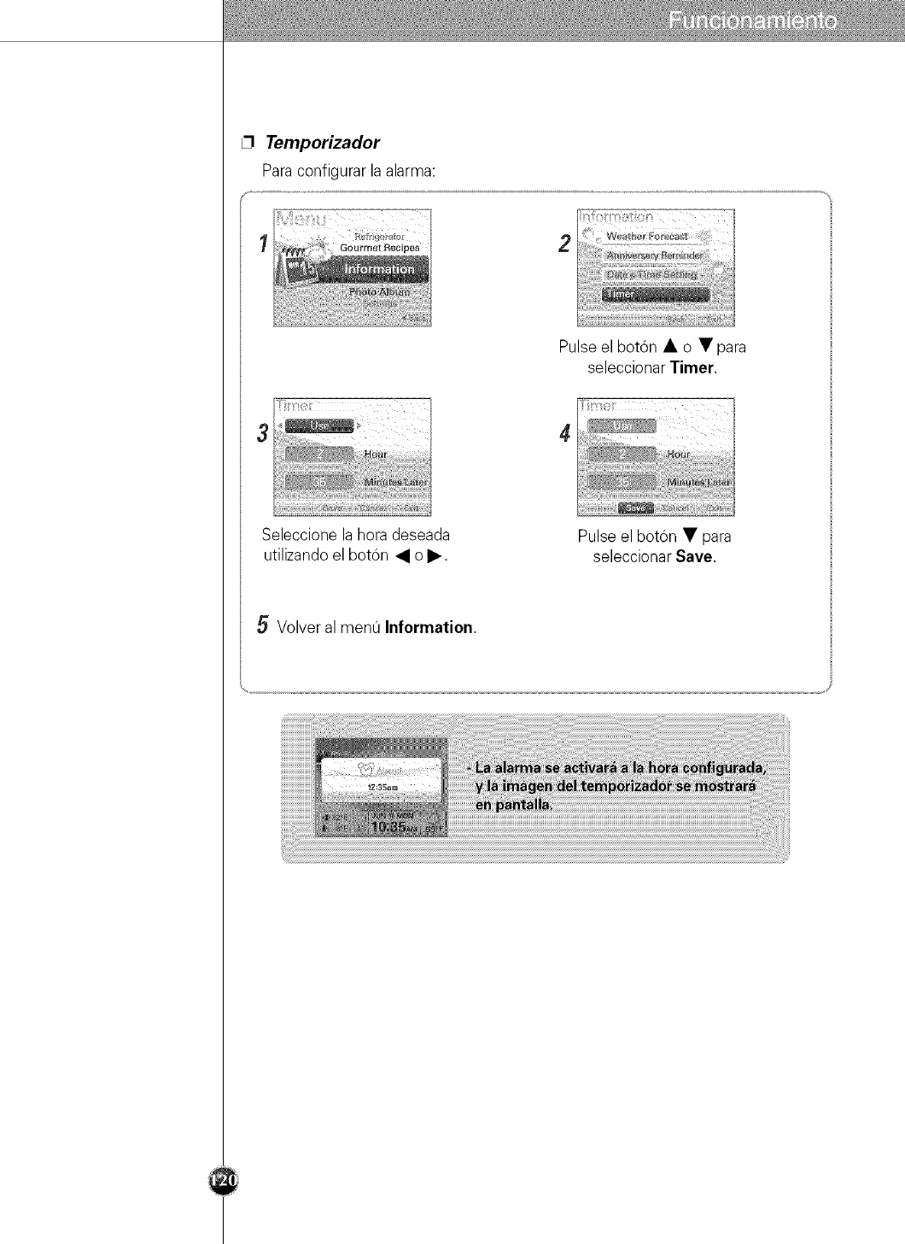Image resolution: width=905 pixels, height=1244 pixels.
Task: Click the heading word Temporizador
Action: (x=322, y=142)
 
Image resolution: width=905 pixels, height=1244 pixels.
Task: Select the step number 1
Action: (x=265, y=243)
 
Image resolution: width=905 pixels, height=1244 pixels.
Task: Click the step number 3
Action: (x=264, y=432)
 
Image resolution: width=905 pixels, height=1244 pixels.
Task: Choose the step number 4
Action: (x=564, y=434)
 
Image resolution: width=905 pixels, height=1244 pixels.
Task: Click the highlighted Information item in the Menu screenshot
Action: (x=379, y=269)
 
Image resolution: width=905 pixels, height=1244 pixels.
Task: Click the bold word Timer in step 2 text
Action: (x=692, y=369)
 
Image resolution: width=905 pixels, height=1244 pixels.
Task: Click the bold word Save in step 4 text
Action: (x=695, y=557)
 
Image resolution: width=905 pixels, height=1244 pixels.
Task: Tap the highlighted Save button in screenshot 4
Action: (x=637, y=508)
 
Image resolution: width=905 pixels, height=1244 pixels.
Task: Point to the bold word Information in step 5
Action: (x=429, y=628)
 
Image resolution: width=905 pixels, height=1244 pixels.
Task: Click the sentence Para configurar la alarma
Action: (x=348, y=170)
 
